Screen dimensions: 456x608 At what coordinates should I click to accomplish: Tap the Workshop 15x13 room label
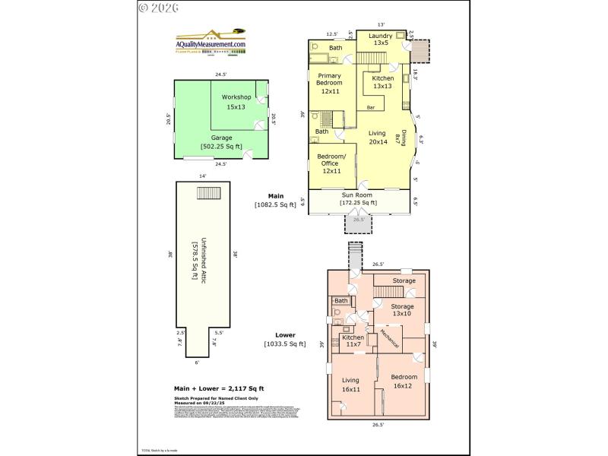(x=236, y=102)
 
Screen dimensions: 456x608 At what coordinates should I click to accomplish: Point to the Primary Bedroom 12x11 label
(x=330, y=83)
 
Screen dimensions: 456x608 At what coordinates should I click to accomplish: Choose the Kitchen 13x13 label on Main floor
(x=383, y=82)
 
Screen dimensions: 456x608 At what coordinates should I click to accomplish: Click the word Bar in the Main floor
(x=371, y=108)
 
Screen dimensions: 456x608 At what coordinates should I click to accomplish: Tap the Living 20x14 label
(x=378, y=138)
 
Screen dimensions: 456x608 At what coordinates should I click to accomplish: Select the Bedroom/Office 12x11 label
(x=331, y=163)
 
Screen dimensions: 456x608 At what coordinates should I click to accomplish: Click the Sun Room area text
(x=359, y=200)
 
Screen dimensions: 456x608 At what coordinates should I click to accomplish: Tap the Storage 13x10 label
(x=402, y=310)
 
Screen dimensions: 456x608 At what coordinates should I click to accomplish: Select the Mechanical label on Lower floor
(x=389, y=339)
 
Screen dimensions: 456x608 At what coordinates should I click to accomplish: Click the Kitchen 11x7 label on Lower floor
(x=353, y=341)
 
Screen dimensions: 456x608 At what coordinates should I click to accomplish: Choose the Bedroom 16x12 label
(x=404, y=382)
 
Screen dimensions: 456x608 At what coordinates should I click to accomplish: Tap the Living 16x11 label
(x=350, y=385)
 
